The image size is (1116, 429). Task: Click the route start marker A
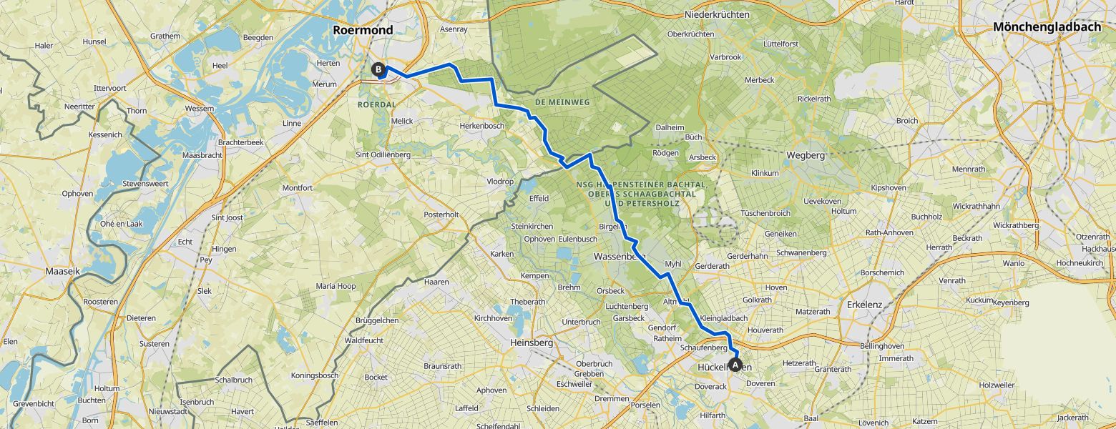(735, 365)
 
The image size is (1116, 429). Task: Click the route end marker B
(378, 69)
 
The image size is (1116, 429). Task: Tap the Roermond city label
(363, 30)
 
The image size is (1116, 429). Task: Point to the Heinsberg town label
(532, 343)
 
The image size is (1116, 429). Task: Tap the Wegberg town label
(806, 155)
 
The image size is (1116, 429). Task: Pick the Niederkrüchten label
(717, 14)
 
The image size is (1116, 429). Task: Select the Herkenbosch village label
(481, 126)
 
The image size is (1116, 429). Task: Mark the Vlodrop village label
(500, 182)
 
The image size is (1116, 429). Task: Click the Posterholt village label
(441, 214)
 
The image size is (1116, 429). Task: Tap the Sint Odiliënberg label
(383, 154)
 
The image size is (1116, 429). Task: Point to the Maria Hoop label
(336, 287)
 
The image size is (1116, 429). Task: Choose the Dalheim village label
(670, 127)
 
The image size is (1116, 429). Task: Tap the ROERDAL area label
(376, 104)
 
